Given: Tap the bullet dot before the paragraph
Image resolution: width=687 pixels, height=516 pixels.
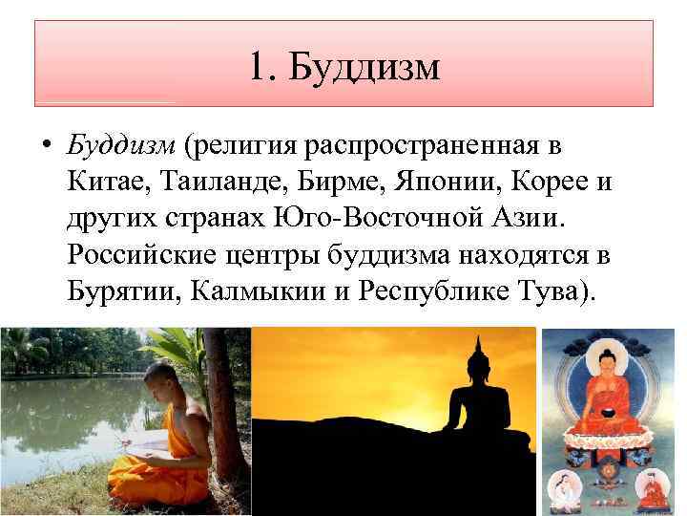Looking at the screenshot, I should point(45,149).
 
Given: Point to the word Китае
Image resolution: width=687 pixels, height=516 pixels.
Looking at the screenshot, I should point(105,182).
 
